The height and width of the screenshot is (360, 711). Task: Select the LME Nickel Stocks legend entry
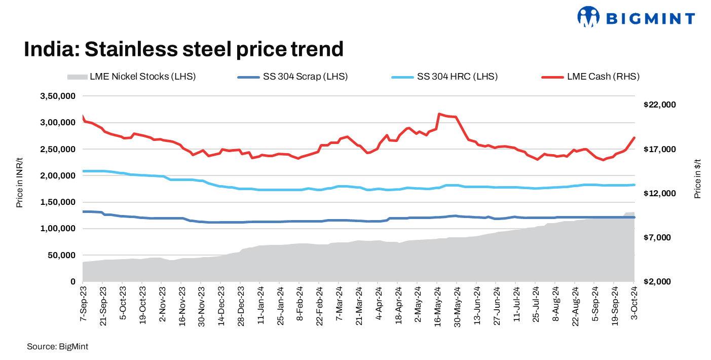(131, 77)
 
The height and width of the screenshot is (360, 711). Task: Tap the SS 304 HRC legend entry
(444, 77)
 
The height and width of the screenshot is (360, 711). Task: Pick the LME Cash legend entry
(590, 77)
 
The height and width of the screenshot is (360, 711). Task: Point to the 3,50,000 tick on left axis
(58, 96)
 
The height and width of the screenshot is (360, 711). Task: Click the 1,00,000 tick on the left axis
(58, 229)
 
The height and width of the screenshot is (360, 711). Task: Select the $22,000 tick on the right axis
(659, 105)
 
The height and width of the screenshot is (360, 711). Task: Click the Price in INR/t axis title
(20, 182)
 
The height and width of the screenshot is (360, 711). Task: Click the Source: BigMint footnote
(57, 347)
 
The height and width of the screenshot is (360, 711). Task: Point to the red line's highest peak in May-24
(439, 114)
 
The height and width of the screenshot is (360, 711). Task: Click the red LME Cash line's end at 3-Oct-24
(634, 138)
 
